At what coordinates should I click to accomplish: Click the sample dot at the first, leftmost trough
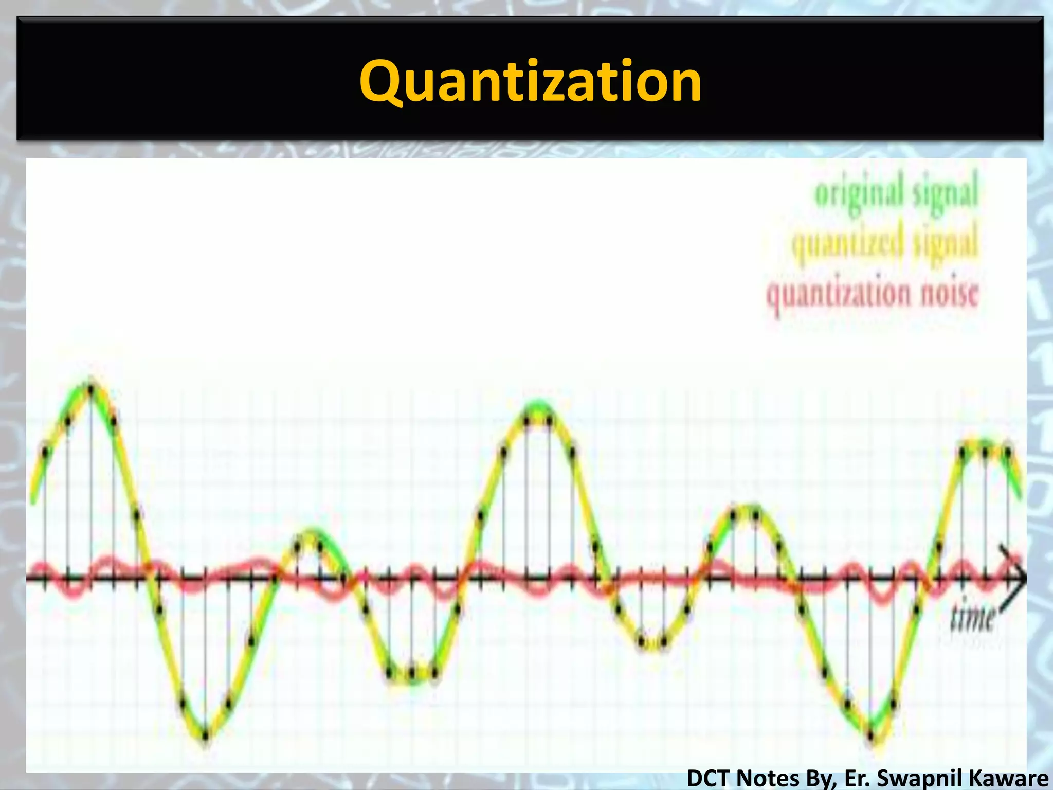pos(206,736)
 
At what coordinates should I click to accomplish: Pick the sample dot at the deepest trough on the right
pos(871,736)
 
